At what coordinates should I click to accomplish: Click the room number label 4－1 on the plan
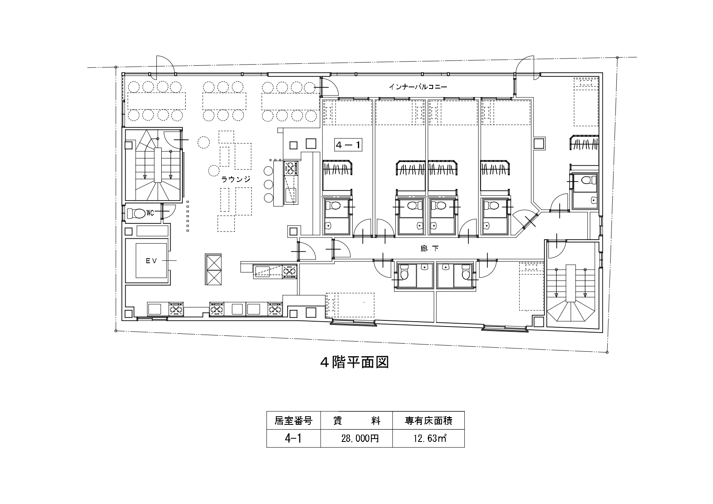348,145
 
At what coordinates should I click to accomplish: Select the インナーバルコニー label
418,87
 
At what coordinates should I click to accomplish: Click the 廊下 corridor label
429,247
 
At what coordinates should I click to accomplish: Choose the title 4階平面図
354,362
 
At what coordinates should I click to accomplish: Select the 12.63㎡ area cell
429,438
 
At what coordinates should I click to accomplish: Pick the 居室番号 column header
293,421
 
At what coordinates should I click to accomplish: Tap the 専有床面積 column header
428,421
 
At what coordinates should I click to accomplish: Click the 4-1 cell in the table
293,438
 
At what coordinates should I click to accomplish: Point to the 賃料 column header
357,421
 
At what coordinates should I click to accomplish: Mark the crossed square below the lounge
214,270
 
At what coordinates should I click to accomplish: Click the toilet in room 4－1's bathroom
333,206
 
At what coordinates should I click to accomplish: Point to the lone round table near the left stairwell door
203,142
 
